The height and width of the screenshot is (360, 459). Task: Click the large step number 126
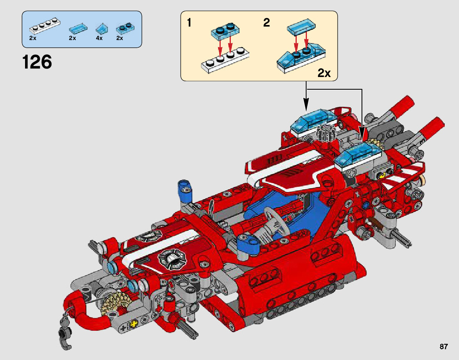point(37,62)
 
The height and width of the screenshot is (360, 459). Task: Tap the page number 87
point(444,347)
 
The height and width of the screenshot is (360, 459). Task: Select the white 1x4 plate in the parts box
point(44,28)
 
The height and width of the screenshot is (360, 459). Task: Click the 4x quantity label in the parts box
point(99,39)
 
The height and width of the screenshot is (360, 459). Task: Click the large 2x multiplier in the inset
point(324,73)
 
